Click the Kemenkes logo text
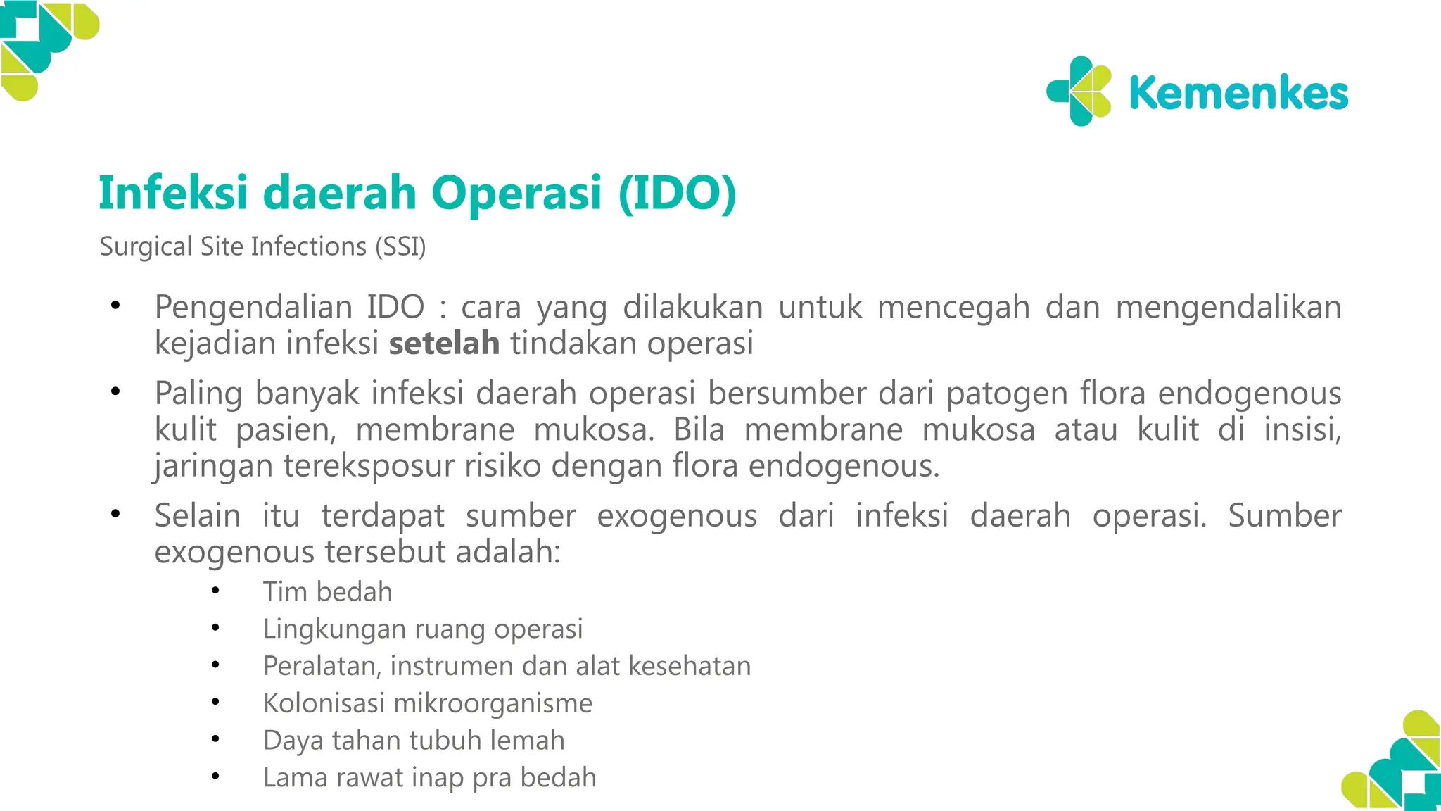coord(1238,94)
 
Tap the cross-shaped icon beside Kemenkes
coord(1079,92)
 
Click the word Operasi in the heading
coord(516,193)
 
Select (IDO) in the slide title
coord(677,193)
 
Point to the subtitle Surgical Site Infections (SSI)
coord(262,246)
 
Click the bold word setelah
coord(444,344)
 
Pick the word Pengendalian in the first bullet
coord(253,308)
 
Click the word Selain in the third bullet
coord(198,516)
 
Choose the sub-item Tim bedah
coord(327,592)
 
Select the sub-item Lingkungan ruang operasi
coord(423,629)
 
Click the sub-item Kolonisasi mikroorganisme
coord(428,703)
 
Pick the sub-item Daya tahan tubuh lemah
coord(414,741)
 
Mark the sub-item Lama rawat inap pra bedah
coord(429,778)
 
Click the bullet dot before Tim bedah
coord(215,591)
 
